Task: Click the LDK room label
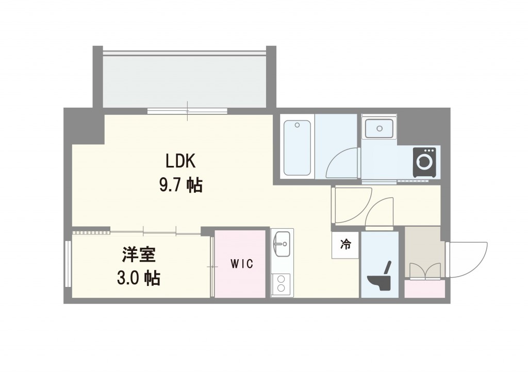tap(179, 161)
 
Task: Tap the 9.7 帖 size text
tap(180, 184)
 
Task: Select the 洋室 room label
tap(139, 255)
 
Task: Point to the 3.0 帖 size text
tap(138, 278)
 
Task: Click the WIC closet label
tap(241, 265)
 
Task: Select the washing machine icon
tap(424, 162)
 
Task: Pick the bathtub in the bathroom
tap(298, 147)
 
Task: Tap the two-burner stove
tap(282, 284)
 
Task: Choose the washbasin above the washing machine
tap(379, 128)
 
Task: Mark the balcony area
tap(184, 80)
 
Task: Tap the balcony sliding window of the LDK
tap(187, 111)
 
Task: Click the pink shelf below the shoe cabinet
tap(424, 289)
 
